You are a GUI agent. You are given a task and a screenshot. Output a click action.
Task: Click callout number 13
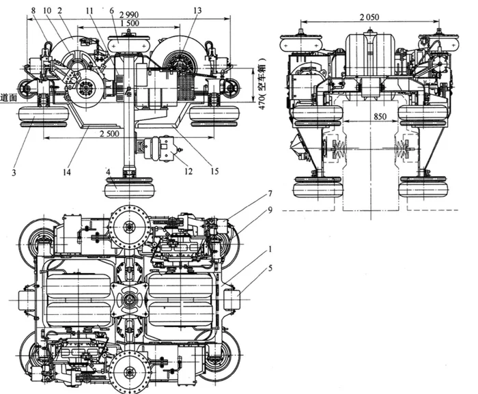(x=198, y=10)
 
